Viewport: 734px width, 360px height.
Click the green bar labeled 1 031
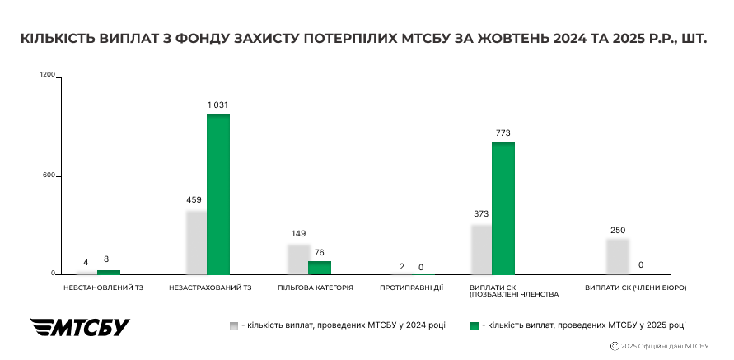(218, 194)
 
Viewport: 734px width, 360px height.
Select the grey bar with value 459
(196, 242)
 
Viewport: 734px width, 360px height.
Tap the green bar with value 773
(503, 208)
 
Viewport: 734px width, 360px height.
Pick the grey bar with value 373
(481, 249)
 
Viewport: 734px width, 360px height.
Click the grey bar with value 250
(618, 256)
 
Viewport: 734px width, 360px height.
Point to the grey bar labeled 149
(298, 259)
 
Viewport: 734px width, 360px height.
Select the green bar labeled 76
(319, 268)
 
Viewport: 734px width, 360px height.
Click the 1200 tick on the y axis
(47, 76)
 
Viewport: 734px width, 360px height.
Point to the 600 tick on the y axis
(49, 175)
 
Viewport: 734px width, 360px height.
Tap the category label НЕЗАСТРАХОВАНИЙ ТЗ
(209, 288)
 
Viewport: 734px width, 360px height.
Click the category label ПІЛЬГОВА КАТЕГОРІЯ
(316, 288)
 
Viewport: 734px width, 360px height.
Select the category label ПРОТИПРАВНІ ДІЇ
(412, 288)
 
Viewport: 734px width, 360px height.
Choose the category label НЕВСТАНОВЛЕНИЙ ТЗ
(97, 288)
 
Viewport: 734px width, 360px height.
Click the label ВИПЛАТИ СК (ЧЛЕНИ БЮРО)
(635, 288)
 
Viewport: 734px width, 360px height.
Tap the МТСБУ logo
(80, 326)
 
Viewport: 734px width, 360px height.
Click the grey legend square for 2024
(234, 325)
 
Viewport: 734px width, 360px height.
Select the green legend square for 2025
(475, 325)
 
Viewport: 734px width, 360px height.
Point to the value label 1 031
(217, 105)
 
